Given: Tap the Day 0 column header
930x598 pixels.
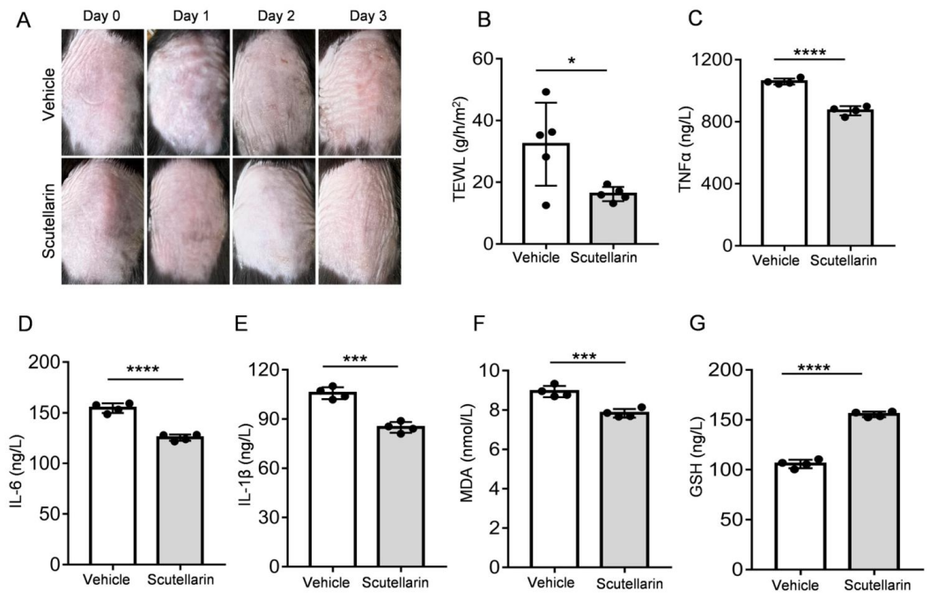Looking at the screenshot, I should pos(102,16).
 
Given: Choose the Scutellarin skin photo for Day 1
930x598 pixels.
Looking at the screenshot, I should pos(187,219).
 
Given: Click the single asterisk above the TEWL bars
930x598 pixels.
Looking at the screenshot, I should pos(572,63).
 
